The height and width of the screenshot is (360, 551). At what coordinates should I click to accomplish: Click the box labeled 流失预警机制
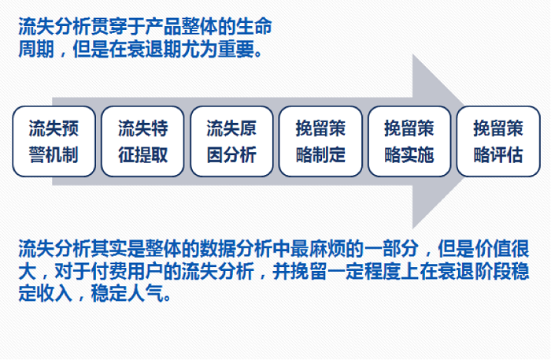tap(54, 141)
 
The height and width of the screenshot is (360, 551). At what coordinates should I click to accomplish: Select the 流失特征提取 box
tap(142, 141)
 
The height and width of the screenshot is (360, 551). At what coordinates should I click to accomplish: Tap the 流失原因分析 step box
tap(231, 141)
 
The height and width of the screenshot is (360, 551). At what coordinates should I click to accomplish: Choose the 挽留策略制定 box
tap(320, 141)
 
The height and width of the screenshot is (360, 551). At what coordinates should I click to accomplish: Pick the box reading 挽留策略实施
tap(409, 141)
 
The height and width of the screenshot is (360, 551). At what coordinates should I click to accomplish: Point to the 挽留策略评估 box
tap(498, 141)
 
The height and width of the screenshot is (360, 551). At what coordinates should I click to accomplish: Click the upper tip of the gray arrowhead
tap(413, 54)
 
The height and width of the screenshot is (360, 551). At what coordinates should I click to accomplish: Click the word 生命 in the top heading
tap(254, 27)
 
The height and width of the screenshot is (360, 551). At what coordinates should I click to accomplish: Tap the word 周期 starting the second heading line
tap(36, 49)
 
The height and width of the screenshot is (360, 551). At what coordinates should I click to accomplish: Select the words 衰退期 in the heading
tap(154, 49)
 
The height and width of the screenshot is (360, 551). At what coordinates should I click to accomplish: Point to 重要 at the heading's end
tap(236, 49)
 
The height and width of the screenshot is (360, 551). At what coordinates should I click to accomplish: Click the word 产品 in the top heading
tap(164, 27)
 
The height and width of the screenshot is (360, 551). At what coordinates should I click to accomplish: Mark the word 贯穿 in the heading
tap(109, 27)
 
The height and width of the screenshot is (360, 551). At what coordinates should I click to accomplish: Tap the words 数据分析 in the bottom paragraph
tap(236, 249)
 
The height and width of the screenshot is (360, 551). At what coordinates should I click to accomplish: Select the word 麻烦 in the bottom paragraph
tap(327, 249)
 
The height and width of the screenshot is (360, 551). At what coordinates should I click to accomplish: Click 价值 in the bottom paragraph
tap(492, 249)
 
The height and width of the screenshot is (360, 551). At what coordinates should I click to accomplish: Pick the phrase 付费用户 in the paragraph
tap(128, 271)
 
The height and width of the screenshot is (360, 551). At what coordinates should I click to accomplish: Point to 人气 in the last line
tap(146, 293)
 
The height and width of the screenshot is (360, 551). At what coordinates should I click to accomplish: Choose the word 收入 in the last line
tap(54, 293)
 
